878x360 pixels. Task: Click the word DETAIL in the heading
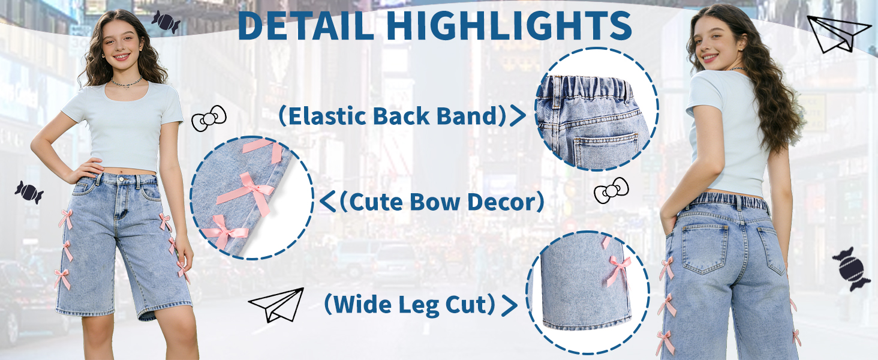[x=306, y=25]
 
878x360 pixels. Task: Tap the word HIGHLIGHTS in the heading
[x=509, y=25]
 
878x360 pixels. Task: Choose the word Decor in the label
[x=500, y=202]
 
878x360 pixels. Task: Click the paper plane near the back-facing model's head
[x=835, y=35]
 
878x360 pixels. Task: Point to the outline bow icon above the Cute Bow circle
[x=209, y=118]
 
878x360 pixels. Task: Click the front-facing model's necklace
[x=126, y=82]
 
